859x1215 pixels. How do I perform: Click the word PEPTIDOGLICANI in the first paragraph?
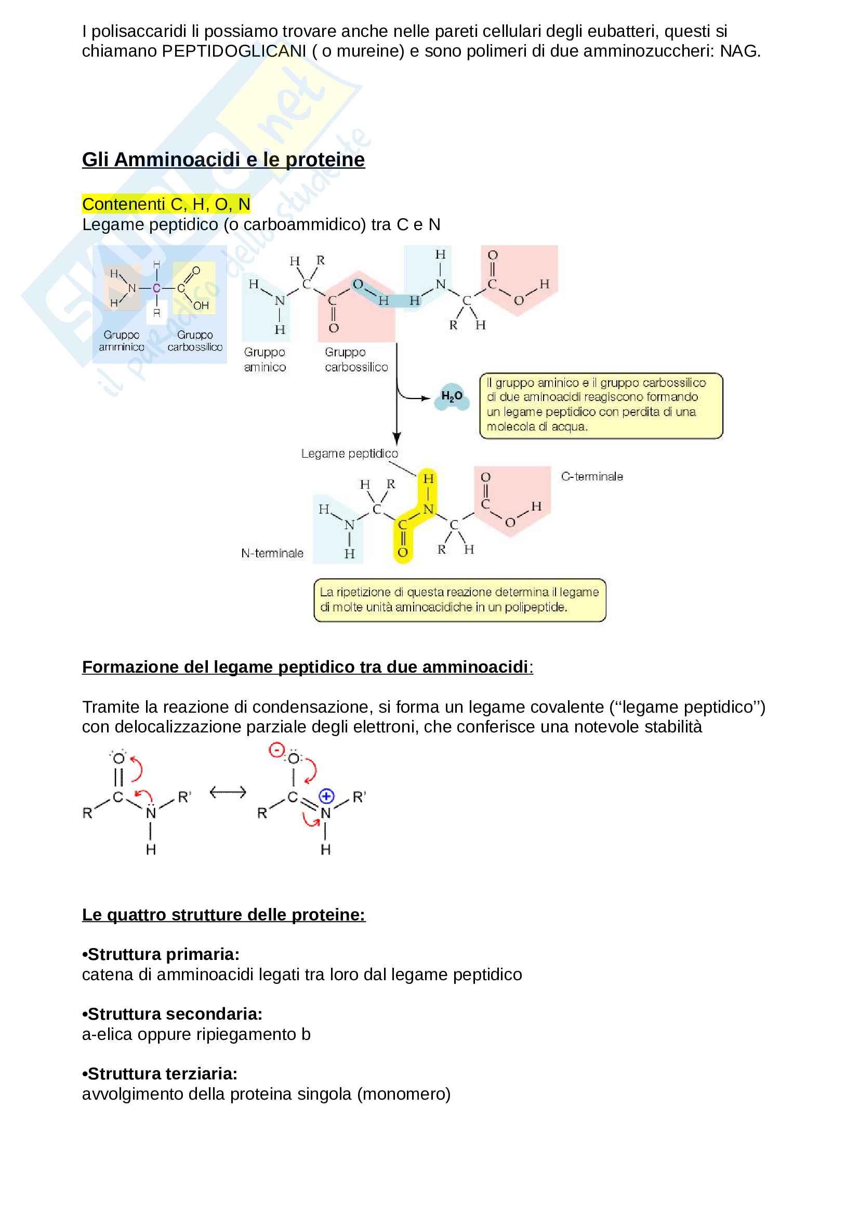click(x=233, y=51)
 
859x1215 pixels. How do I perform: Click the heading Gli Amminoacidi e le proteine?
click(x=223, y=159)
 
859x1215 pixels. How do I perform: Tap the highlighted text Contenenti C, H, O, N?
click(x=166, y=204)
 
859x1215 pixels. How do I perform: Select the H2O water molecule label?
click(x=452, y=396)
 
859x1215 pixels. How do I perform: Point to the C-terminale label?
click(x=592, y=476)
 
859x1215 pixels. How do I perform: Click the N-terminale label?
click(x=272, y=553)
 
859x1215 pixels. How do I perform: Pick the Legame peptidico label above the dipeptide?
click(x=349, y=453)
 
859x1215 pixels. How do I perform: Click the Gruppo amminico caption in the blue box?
click(x=121, y=341)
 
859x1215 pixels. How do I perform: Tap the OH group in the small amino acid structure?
click(x=201, y=305)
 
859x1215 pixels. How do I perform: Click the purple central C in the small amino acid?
click(x=156, y=288)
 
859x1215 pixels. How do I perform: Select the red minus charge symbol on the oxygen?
click(x=276, y=750)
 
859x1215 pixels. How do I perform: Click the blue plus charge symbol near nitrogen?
click(x=326, y=796)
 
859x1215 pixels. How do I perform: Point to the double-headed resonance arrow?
click(x=228, y=792)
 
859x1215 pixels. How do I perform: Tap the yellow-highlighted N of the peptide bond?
click(x=428, y=509)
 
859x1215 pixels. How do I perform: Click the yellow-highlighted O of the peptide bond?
click(x=403, y=553)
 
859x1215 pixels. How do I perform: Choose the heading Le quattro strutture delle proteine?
click(x=223, y=914)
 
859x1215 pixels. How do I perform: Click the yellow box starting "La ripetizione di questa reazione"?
click(x=459, y=599)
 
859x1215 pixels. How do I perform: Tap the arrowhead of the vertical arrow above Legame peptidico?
click(x=397, y=439)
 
